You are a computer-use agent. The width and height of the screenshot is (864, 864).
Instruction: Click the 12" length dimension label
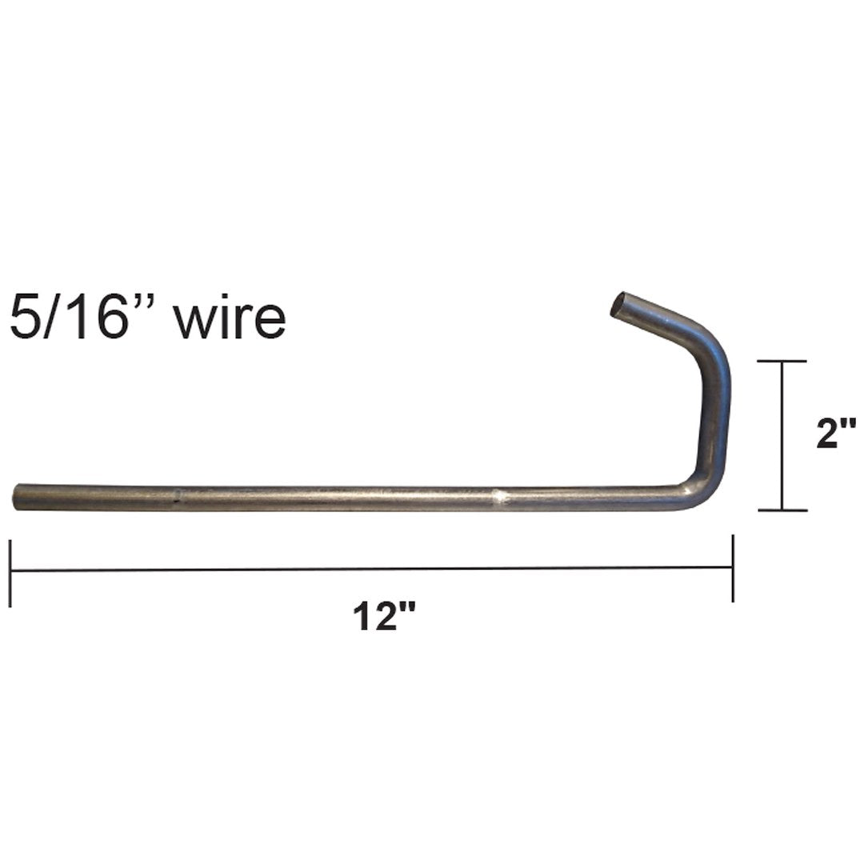[x=386, y=618]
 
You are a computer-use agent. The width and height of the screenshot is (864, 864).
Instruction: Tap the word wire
[x=230, y=318]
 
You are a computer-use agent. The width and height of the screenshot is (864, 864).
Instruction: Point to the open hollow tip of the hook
[x=620, y=305]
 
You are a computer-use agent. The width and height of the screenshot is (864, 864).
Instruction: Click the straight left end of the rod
[x=18, y=497]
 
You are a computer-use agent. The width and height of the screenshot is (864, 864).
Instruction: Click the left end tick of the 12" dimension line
[x=10, y=573]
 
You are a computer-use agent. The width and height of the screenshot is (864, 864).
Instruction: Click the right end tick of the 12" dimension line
[x=732, y=568]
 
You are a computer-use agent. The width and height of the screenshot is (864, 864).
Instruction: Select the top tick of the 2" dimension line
[x=782, y=362]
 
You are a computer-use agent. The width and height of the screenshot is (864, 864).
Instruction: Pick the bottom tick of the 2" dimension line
[x=782, y=510]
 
